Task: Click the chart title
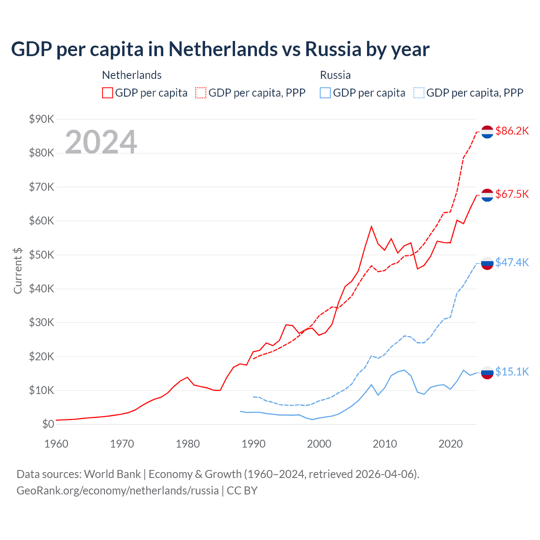tap(220, 49)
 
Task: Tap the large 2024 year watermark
tap(101, 142)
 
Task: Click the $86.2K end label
tap(512, 131)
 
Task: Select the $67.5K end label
tap(512, 194)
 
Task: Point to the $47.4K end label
tap(512, 262)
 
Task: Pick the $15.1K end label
tap(512, 372)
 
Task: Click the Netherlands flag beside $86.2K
tap(487, 132)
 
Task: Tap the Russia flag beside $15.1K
tap(487, 373)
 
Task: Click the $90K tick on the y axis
tap(41, 119)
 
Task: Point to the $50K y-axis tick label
tap(41, 255)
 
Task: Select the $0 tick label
tap(48, 424)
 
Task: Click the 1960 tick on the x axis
tap(56, 444)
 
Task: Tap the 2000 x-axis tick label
tap(319, 444)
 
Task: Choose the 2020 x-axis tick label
tap(451, 444)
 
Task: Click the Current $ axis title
tap(18, 271)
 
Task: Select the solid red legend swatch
tap(108, 93)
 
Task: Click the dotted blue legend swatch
tap(419, 93)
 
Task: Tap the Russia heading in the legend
tap(335, 75)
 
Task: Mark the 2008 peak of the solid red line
tap(371, 227)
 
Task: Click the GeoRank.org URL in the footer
tap(117, 491)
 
